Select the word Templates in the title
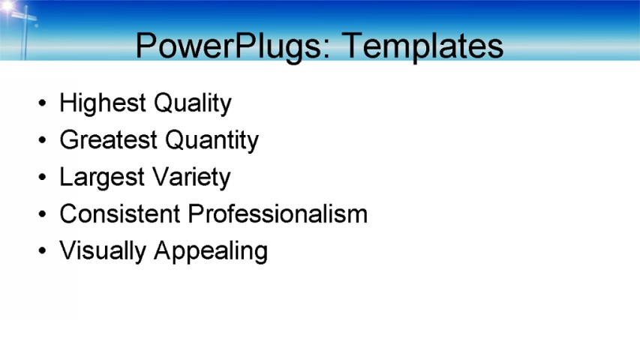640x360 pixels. click(422, 46)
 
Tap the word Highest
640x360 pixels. click(103, 103)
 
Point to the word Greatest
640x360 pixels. click(108, 140)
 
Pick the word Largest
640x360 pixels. click(102, 178)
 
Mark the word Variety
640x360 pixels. click(191, 178)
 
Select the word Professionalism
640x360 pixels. click(278, 214)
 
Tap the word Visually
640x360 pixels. click(103, 250)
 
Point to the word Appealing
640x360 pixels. click(211, 250)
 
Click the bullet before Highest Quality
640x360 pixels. click(42, 103)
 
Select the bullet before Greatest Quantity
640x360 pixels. click(42, 140)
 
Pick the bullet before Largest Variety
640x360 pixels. click(42, 178)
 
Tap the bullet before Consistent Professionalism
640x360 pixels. click(42, 214)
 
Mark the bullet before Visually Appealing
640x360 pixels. click(42, 251)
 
